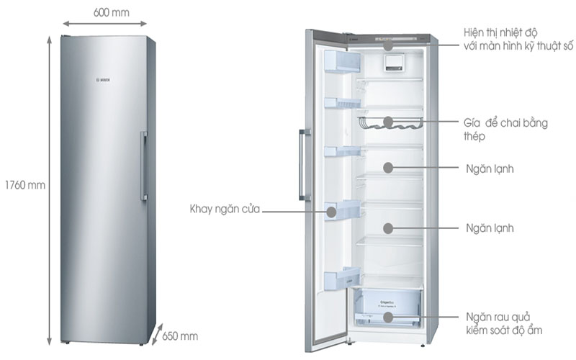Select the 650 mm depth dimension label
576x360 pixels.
pyautogui.click(x=180, y=336)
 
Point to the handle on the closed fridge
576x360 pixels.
pyautogui.click(x=144, y=166)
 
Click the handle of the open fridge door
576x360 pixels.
pyautogui.click(x=303, y=166)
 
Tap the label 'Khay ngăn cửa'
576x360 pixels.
pyautogui.click(x=224, y=210)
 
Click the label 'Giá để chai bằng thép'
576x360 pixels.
pyautogui.click(x=505, y=129)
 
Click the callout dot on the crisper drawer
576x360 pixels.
pyautogui.click(x=388, y=317)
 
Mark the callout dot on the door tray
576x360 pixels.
pyautogui.click(x=333, y=211)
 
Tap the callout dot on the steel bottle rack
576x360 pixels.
pyautogui.click(x=388, y=122)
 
